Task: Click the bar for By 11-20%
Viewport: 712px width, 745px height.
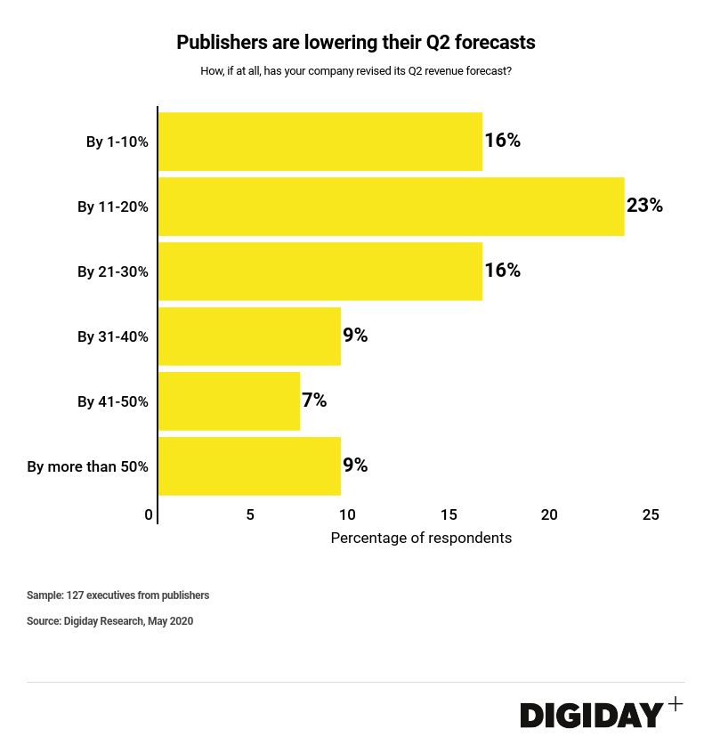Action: coord(392,206)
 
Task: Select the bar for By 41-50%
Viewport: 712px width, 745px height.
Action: coord(230,401)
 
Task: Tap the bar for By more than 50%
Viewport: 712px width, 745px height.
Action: coord(249,466)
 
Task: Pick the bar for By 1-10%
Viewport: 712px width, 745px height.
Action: coord(320,142)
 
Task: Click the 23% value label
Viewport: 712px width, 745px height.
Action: coord(644,206)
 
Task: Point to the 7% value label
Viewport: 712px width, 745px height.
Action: coord(314,401)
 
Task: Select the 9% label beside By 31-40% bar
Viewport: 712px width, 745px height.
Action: coord(355,336)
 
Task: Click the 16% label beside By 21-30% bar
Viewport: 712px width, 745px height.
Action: coord(502,271)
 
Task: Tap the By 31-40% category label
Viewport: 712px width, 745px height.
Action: coord(113,336)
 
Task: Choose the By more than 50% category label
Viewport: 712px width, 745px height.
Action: coord(87,466)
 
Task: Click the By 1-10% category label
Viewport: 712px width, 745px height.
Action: coord(117,142)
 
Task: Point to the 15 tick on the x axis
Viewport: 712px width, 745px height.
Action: coord(449,514)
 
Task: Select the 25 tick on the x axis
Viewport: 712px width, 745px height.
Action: coord(651,514)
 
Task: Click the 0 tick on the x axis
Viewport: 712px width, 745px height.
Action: coord(149,514)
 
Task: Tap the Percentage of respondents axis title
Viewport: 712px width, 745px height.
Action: coord(421,539)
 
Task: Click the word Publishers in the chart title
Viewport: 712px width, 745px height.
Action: coord(218,43)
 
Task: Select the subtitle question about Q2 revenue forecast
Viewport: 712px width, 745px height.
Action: coord(356,71)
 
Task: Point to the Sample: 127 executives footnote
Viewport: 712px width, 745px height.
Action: coord(117,595)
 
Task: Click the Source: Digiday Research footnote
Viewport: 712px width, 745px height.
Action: coord(109,621)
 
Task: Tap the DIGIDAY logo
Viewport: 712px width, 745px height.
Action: coord(592,715)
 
